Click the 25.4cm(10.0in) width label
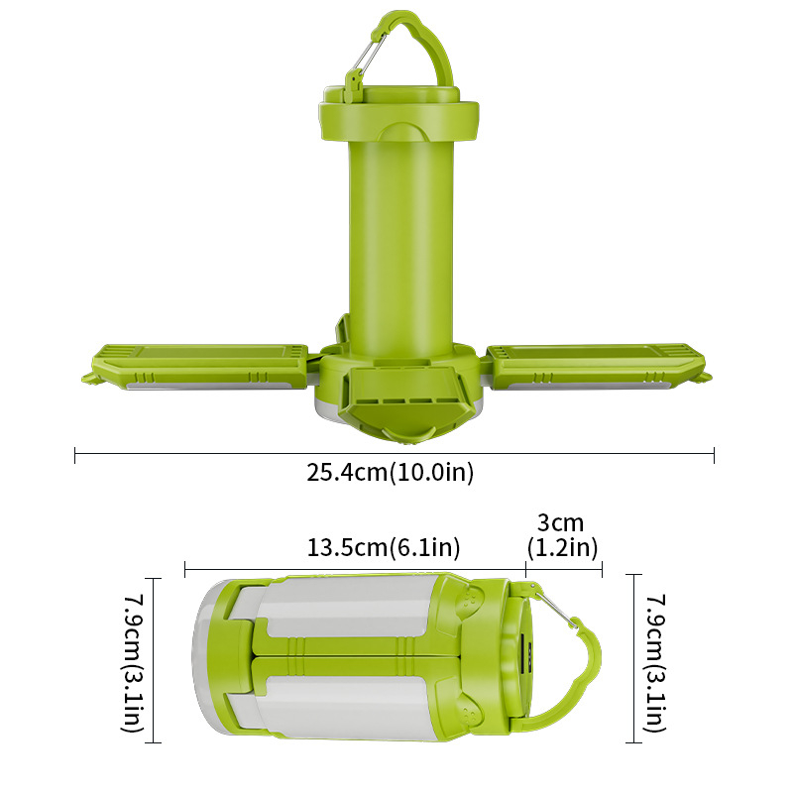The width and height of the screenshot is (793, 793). [x=391, y=473]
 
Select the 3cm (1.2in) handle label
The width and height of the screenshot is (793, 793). [x=562, y=535]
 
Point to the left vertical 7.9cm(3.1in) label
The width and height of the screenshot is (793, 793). [x=132, y=662]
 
